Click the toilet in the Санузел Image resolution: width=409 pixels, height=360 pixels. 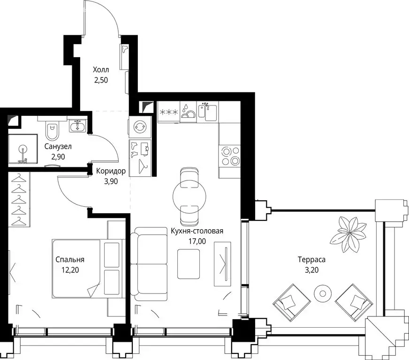coord(53,130)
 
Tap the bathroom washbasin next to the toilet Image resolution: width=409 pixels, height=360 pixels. coord(77,127)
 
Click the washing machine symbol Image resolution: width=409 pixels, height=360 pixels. coord(140,127)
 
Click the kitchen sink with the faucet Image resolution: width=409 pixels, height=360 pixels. coord(208,112)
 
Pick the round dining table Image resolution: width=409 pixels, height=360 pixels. coord(189,196)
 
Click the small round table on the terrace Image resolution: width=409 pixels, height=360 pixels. coord(323,293)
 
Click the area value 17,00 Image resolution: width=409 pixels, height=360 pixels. coord(197,241)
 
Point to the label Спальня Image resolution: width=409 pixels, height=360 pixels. coord(70,260)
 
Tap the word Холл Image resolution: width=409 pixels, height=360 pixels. coord(101,70)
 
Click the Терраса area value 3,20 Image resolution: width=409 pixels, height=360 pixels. coord(312,270)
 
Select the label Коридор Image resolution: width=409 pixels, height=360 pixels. coord(111,171)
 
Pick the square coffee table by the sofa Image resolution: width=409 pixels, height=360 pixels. coord(189,264)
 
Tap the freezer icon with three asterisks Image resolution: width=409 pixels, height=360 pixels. coord(169,112)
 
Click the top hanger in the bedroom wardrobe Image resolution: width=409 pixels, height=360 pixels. coord(19,179)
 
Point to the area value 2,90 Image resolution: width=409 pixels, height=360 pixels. coord(58,157)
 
